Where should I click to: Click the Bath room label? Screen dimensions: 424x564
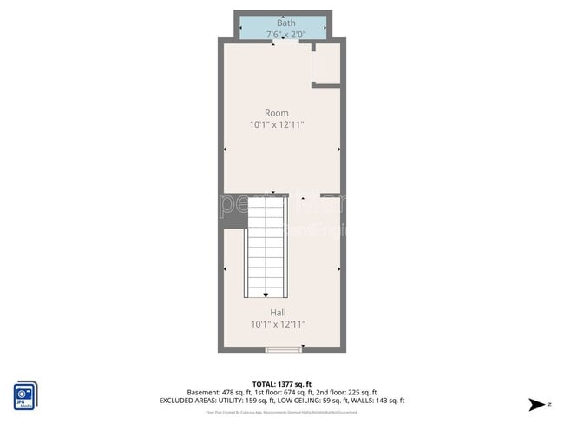click(x=286, y=23)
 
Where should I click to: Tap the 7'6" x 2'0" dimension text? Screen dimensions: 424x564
click(x=286, y=34)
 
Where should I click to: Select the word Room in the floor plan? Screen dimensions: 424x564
click(x=277, y=113)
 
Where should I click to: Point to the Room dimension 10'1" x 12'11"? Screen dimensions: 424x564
click(x=277, y=125)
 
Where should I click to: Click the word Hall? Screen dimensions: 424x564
click(x=278, y=313)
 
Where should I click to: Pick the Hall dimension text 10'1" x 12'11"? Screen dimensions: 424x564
click(x=278, y=325)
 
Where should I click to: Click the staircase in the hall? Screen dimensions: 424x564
click(x=266, y=248)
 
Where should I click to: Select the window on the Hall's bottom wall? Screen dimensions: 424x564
click(x=283, y=350)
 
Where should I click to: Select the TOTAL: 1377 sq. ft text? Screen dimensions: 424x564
click(x=282, y=383)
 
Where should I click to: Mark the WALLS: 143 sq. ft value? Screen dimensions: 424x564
click(x=377, y=401)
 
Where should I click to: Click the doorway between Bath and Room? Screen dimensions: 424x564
click(x=285, y=42)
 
